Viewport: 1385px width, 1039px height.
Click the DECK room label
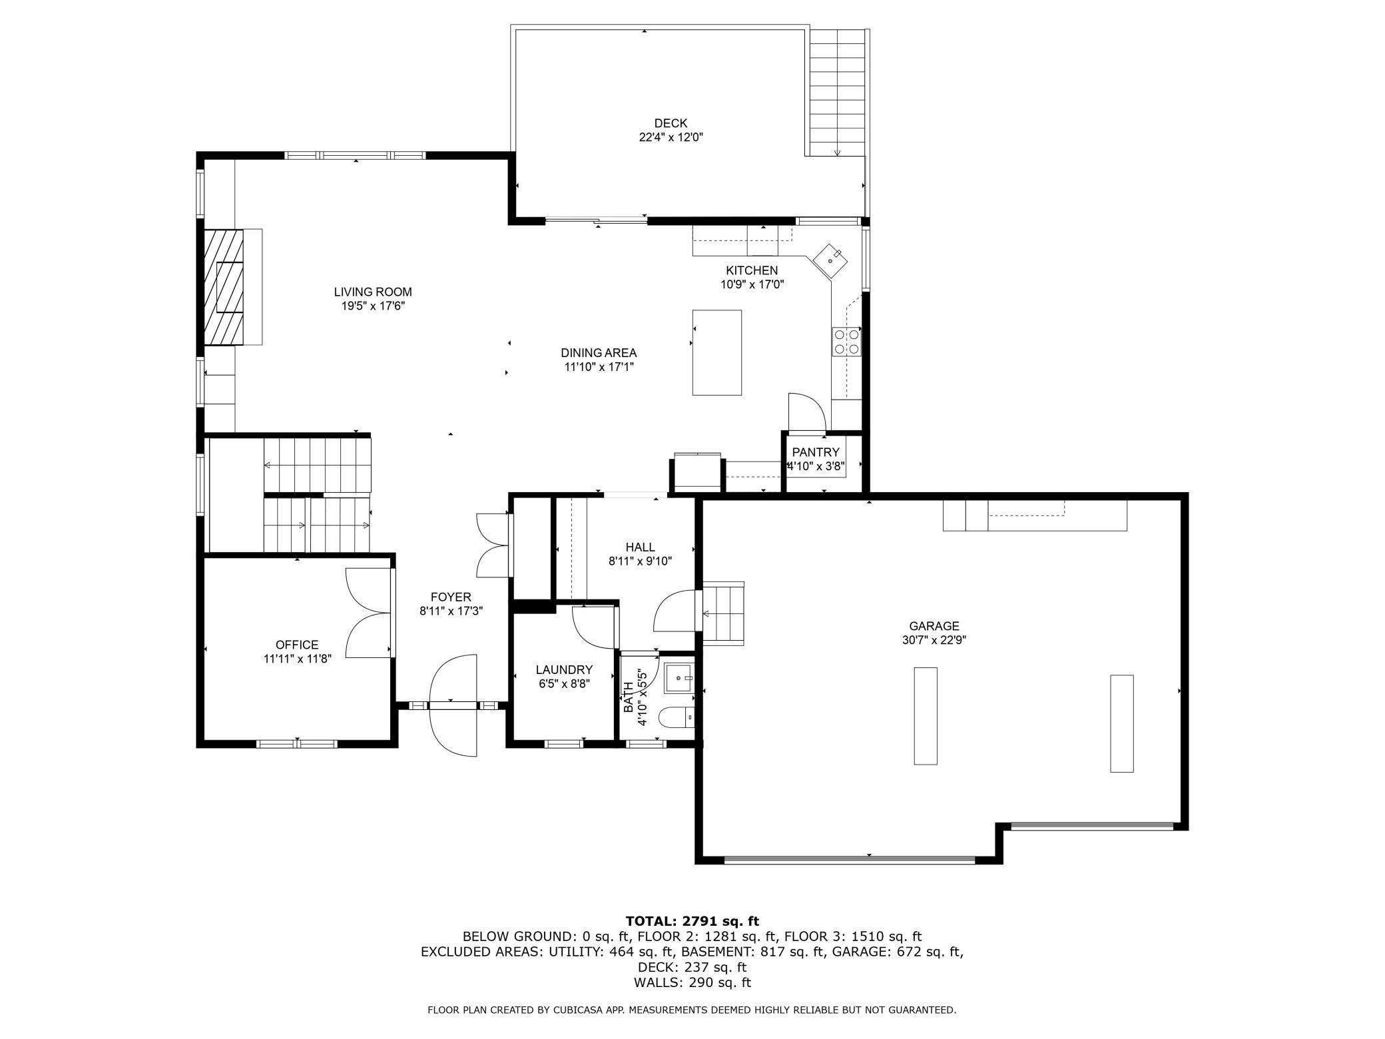(671, 123)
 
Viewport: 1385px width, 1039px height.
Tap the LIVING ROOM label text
(373, 292)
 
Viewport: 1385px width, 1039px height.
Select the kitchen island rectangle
(717, 352)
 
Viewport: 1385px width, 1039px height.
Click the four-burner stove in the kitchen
(846, 341)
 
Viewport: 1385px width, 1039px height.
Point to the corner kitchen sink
(830, 260)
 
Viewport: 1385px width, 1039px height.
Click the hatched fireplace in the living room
(224, 287)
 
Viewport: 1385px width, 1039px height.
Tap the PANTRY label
(816, 452)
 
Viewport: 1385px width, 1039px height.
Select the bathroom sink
(679, 678)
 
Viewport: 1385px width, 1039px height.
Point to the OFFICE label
(297, 645)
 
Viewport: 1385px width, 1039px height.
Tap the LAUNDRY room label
(564, 669)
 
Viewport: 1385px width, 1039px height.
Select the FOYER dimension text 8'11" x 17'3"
(451, 611)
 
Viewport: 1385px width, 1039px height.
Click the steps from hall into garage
(723, 613)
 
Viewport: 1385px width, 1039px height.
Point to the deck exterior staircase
(837, 93)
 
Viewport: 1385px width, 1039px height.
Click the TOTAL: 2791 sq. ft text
(692, 921)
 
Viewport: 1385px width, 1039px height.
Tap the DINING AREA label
(599, 353)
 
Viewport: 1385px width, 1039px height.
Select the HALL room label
(640, 547)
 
